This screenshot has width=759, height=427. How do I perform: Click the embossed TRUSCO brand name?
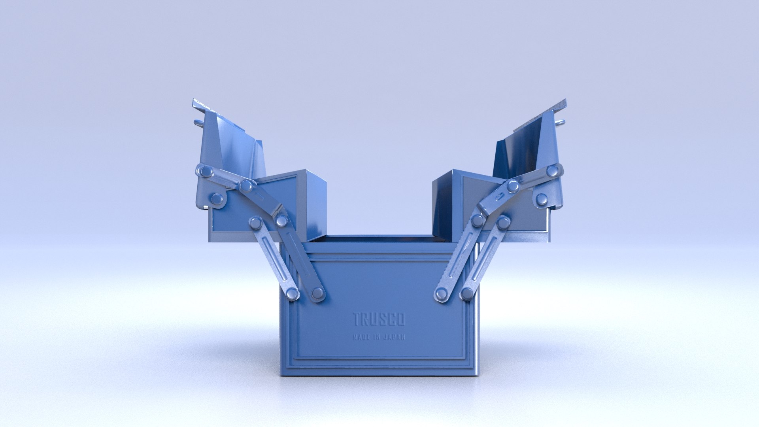click(379, 319)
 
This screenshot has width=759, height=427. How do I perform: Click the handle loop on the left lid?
click(198, 123)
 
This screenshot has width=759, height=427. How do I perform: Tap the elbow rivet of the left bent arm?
click(281, 220)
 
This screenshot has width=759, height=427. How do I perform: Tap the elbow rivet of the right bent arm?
click(478, 220)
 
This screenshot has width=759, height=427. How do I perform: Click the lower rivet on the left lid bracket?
click(217, 198)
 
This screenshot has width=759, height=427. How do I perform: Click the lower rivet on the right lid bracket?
click(542, 198)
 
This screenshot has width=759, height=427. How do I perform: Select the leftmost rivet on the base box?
click(292, 293)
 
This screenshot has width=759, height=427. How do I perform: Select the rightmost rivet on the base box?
click(467, 293)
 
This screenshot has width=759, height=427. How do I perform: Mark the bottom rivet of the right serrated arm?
click(441, 294)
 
